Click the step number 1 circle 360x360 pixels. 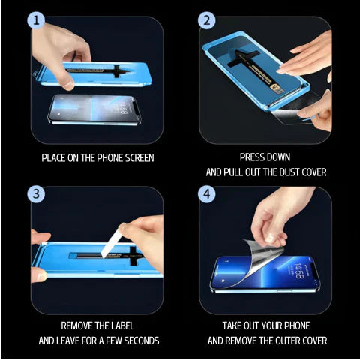click(38, 21)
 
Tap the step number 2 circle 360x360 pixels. click(206, 21)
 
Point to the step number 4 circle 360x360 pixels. click(206, 194)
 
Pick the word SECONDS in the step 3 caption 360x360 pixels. click(139, 340)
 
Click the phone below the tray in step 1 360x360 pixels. click(94, 111)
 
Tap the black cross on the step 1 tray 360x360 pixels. click(116, 73)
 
